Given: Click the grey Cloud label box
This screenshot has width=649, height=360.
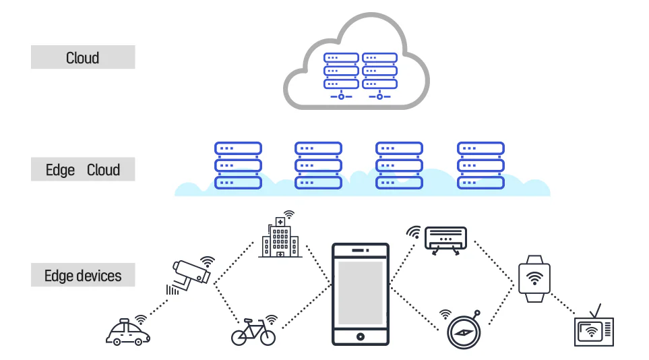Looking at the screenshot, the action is [x=83, y=57].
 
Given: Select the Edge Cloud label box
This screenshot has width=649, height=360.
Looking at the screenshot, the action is [x=83, y=169].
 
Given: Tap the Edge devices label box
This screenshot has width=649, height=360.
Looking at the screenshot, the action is [x=83, y=274].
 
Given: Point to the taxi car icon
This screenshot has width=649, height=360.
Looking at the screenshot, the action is [x=127, y=332].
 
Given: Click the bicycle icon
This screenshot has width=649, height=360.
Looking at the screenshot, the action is [x=253, y=332].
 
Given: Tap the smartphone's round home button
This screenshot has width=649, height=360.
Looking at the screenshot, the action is [x=360, y=336].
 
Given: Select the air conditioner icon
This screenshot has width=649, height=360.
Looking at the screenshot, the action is [x=445, y=240].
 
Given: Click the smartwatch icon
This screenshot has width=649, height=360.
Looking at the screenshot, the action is [x=534, y=279].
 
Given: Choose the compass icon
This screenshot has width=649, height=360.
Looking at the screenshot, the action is [x=464, y=331].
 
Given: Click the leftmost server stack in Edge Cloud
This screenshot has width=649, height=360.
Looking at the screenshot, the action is [x=238, y=165].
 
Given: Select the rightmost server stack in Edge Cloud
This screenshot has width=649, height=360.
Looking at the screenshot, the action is [x=481, y=165].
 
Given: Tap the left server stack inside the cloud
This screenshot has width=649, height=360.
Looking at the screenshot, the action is [x=341, y=76].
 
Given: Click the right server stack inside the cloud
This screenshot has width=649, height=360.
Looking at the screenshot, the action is [x=379, y=76].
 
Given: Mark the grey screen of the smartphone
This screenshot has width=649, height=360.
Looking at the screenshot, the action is [x=360, y=293].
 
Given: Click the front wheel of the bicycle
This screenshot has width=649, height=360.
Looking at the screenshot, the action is [x=268, y=337].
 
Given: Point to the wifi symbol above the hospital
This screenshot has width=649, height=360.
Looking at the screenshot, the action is [x=288, y=214].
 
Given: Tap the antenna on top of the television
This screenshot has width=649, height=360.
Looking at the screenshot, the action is [x=596, y=311].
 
